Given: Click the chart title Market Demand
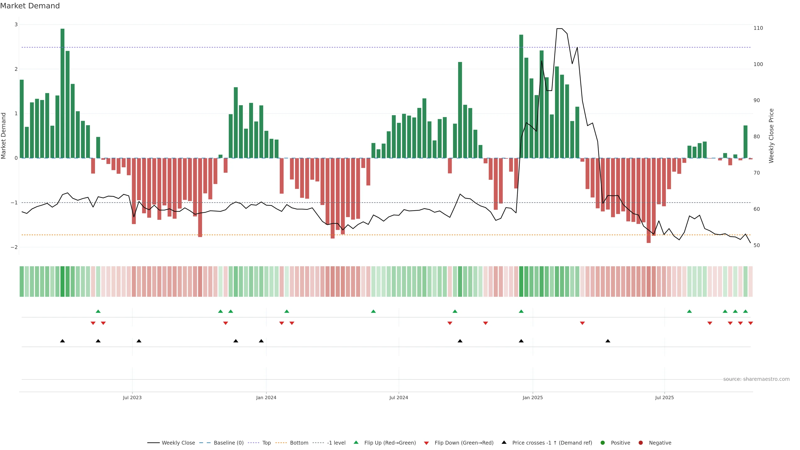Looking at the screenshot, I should pos(30,6).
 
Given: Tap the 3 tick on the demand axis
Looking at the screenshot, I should pos(16,25).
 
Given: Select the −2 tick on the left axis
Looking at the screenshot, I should pos(14,247).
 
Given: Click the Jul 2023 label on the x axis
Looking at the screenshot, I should pos(132,397).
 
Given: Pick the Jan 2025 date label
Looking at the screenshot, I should pos(533,397).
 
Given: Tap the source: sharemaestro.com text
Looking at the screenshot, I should pos(756,379).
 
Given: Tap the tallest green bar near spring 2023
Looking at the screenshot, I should pos(62,93).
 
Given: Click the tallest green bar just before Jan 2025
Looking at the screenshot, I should pos(521,96).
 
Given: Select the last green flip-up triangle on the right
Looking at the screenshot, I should pos(745,311).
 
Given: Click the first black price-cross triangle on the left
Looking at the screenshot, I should pos(62,341).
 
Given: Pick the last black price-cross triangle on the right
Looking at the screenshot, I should pos(608,341).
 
